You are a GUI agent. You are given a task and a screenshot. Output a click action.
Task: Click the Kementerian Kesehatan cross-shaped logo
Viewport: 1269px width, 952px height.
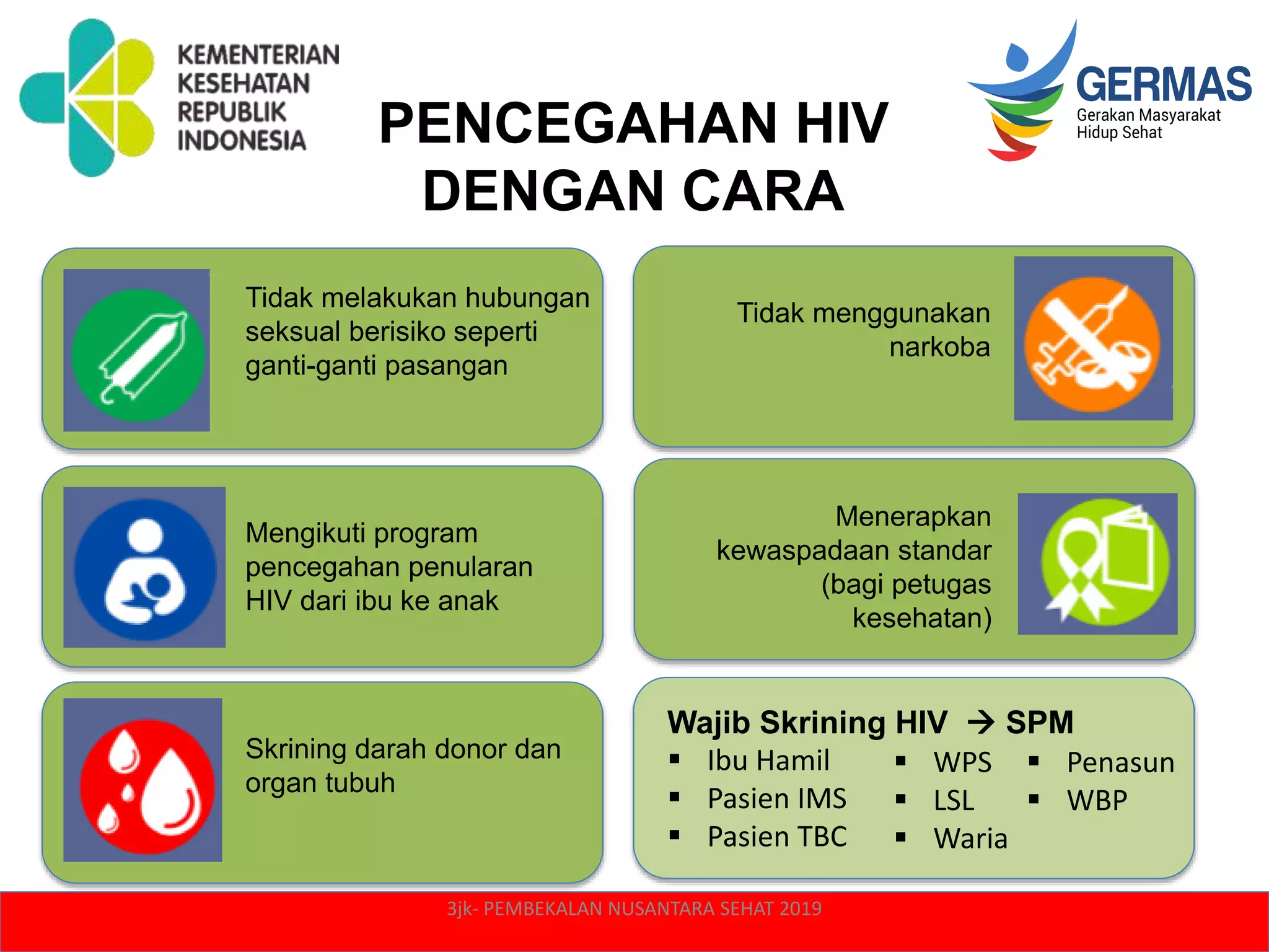87,97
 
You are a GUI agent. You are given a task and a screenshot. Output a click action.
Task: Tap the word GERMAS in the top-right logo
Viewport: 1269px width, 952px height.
1164,84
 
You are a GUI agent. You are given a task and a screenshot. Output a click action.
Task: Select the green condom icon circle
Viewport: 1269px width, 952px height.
138,355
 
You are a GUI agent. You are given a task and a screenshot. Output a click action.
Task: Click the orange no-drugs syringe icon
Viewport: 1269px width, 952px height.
1092,344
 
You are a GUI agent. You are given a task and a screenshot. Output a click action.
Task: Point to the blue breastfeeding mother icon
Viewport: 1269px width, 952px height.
145,569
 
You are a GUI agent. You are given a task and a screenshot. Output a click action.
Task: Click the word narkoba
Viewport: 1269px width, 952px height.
939,347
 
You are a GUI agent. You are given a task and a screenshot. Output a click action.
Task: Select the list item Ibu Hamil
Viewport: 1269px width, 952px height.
768,761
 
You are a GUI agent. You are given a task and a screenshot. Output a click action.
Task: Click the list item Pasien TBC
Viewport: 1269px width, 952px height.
776,837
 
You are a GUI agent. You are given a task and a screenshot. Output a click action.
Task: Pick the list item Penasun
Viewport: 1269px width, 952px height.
1120,763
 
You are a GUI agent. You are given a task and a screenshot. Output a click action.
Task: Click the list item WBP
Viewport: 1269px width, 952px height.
1097,801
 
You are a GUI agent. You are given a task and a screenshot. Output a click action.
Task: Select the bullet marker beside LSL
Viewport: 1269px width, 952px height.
901,800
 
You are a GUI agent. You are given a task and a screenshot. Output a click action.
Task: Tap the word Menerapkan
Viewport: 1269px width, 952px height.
913,516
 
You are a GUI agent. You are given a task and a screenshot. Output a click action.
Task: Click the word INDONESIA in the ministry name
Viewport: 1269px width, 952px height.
242,141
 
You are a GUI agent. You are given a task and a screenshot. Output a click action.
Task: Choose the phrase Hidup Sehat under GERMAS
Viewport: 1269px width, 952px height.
1119,133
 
